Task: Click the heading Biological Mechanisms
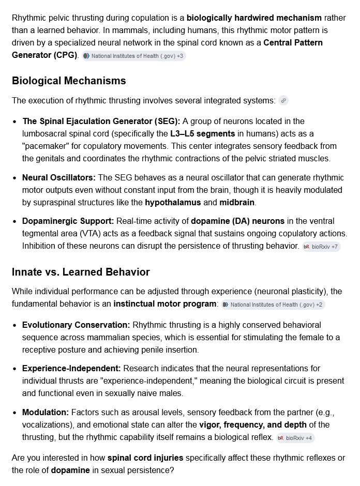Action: (69, 81)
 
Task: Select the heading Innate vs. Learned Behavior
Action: (81, 272)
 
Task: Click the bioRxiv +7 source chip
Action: (321, 247)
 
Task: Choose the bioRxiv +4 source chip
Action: (295, 438)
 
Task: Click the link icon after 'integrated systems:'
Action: (283, 101)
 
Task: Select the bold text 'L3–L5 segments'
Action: (202, 134)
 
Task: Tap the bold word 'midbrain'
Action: (237, 202)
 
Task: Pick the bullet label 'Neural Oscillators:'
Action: (59, 178)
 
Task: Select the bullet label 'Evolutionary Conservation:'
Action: (76, 325)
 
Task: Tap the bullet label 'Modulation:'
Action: (46, 413)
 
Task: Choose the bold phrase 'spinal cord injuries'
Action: (145, 458)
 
